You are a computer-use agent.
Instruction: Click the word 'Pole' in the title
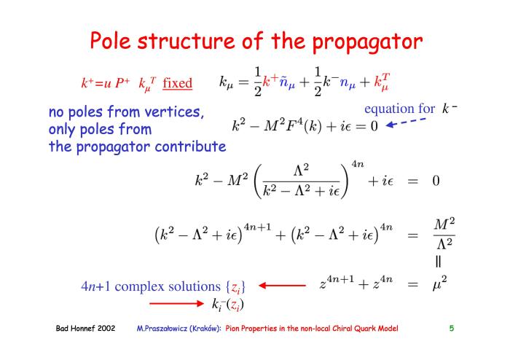point(110,41)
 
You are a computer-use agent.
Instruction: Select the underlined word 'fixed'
point(177,82)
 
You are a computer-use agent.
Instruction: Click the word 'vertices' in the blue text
point(174,112)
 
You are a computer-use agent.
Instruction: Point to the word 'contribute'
point(190,146)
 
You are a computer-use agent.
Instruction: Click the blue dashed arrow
point(406,122)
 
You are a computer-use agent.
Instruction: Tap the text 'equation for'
point(399,109)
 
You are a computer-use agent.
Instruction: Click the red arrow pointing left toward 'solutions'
point(283,286)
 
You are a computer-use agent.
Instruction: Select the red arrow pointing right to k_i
point(176,303)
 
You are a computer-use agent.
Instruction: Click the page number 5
point(452,328)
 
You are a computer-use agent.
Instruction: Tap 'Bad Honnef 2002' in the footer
point(85,328)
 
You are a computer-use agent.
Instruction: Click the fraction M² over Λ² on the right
point(444,234)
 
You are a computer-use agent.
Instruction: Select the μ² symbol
point(440,283)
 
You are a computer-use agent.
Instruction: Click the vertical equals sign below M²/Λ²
point(438,262)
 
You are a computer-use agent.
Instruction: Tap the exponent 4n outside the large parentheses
point(357,164)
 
